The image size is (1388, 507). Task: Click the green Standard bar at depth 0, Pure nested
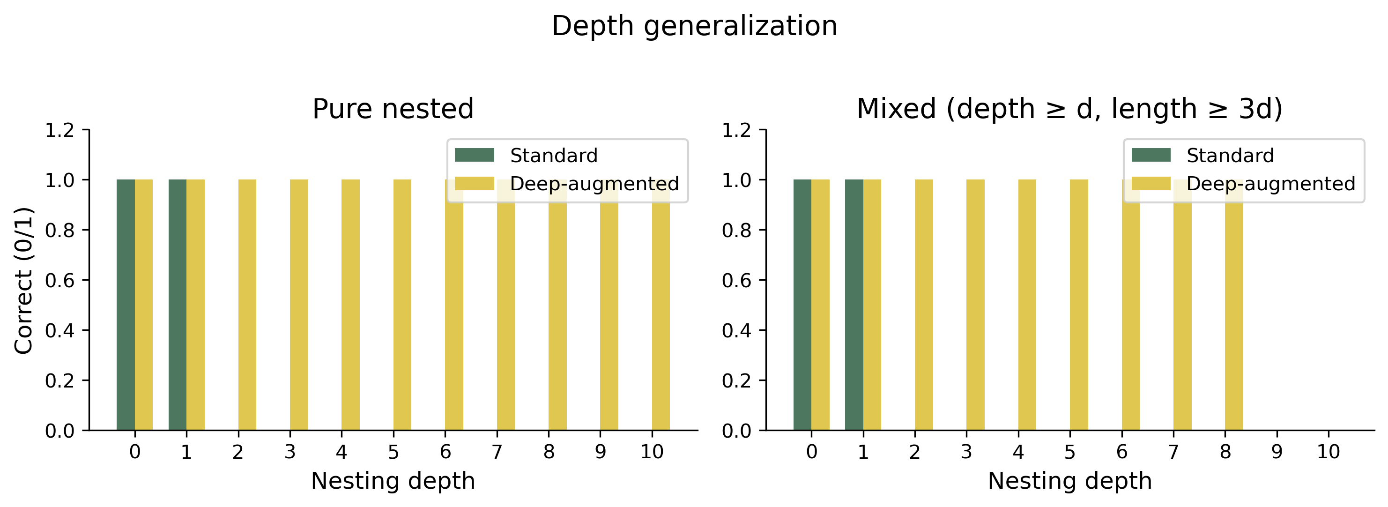click(x=126, y=305)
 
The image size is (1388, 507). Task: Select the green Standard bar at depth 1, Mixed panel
click(x=854, y=305)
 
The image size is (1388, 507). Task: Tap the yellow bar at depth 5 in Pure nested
click(x=402, y=305)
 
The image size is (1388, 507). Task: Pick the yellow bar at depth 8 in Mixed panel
click(x=1234, y=305)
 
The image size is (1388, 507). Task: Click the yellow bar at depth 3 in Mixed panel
click(x=975, y=305)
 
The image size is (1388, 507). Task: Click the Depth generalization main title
click(x=694, y=26)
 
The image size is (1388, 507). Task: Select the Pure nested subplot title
click(x=393, y=109)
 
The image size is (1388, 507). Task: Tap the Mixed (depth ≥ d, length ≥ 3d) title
click(x=1069, y=109)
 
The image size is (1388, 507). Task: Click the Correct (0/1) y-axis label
click(x=24, y=280)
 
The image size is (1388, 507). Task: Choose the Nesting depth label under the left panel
click(x=393, y=481)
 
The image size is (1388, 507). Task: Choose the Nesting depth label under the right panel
click(x=1069, y=481)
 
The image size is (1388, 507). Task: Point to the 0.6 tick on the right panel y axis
click(x=736, y=280)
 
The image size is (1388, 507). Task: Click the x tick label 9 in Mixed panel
click(x=1277, y=452)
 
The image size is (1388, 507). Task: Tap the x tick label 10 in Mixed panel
click(x=1328, y=452)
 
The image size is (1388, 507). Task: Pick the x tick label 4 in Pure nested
click(x=341, y=452)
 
